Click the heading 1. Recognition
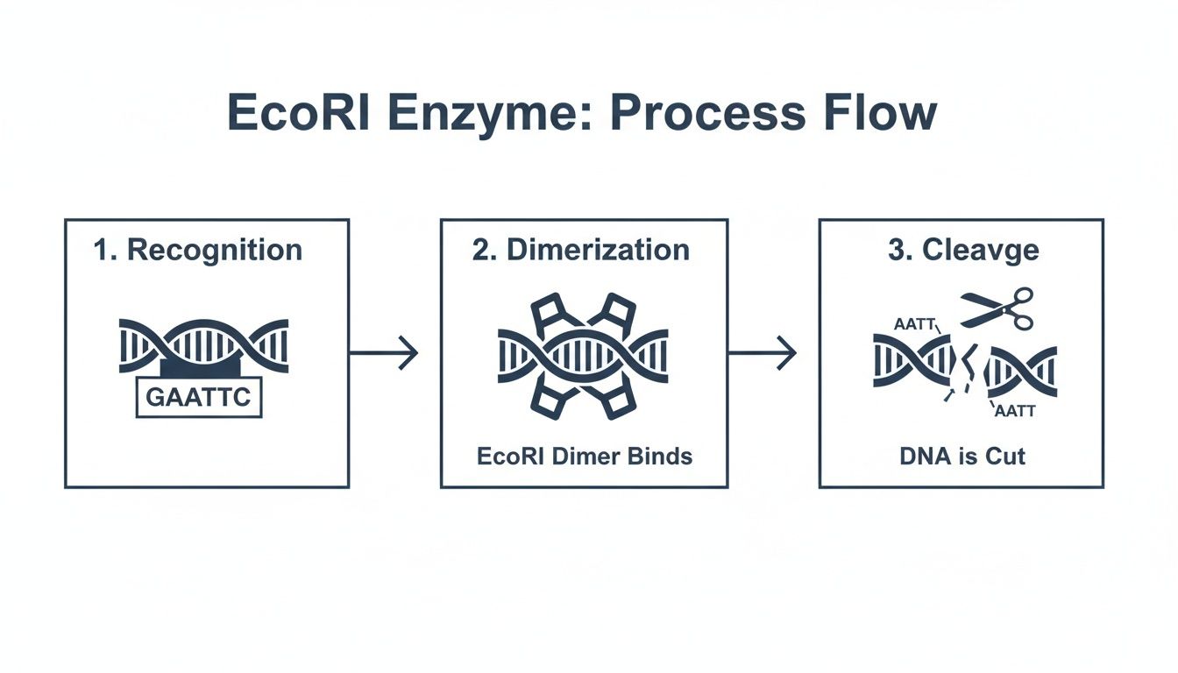point(198,250)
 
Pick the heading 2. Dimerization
point(581,250)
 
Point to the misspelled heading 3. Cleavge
point(963,250)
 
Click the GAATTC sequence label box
point(199,397)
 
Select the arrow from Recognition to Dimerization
point(384,353)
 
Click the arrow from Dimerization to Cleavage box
point(763,353)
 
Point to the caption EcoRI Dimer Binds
point(585,457)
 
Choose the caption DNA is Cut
point(962,457)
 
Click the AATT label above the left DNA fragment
point(913,324)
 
